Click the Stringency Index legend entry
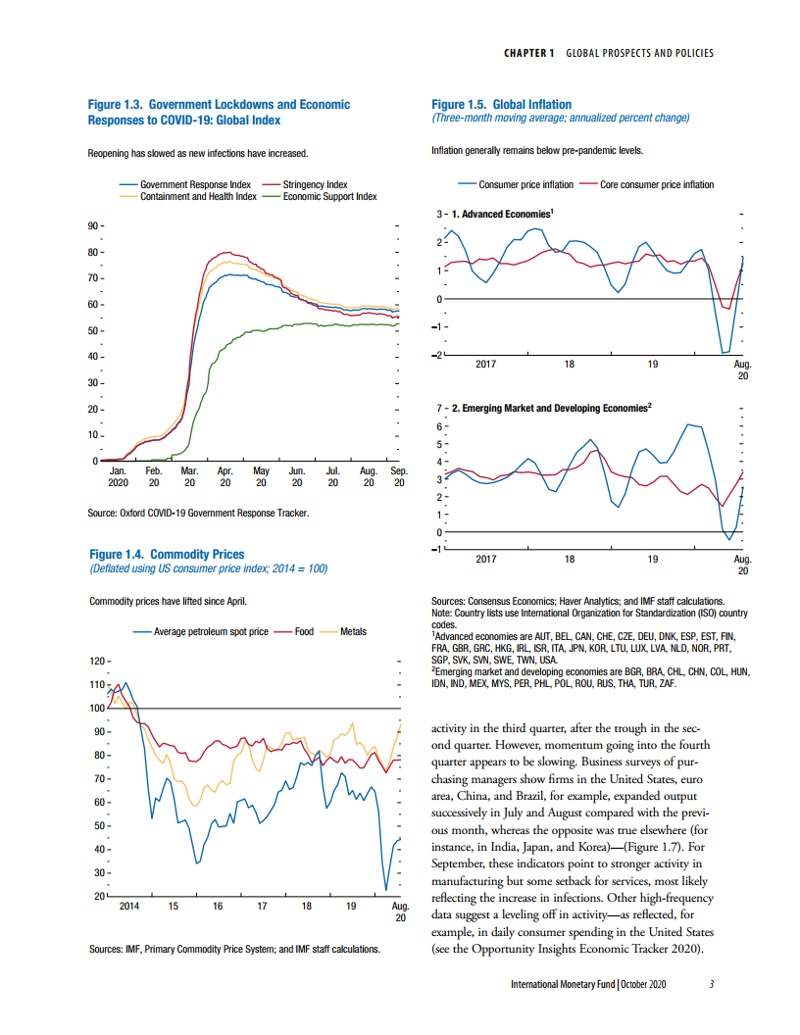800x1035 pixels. (315, 184)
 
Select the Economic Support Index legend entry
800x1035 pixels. (329, 196)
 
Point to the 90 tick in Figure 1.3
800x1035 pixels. (94, 226)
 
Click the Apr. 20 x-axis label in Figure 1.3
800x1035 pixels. (225, 477)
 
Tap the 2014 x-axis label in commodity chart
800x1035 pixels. (128, 907)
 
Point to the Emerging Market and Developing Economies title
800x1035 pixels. (557, 407)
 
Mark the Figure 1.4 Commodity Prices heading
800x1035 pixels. (167, 554)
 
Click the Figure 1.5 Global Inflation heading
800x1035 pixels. (501, 104)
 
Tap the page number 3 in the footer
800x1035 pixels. (711, 984)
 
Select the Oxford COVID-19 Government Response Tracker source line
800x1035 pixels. (198, 513)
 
